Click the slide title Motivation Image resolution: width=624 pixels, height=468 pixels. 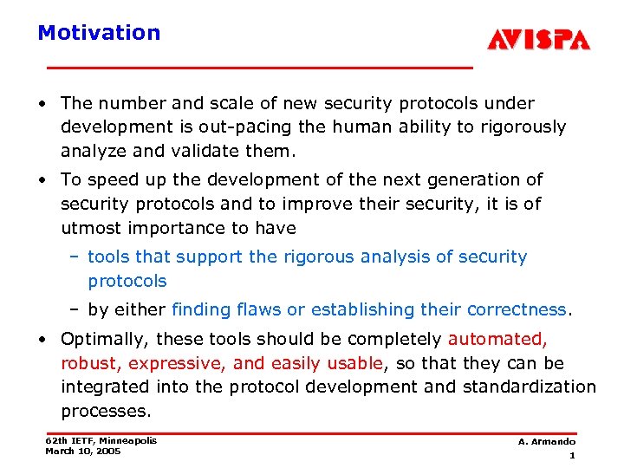(99, 33)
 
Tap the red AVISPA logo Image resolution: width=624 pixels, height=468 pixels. (538, 40)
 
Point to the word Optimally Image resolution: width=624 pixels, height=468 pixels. (99, 339)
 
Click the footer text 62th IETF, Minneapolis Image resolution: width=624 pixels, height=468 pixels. (101, 440)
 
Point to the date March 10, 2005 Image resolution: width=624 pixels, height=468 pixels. (83, 451)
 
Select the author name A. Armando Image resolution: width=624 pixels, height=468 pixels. (547, 442)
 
